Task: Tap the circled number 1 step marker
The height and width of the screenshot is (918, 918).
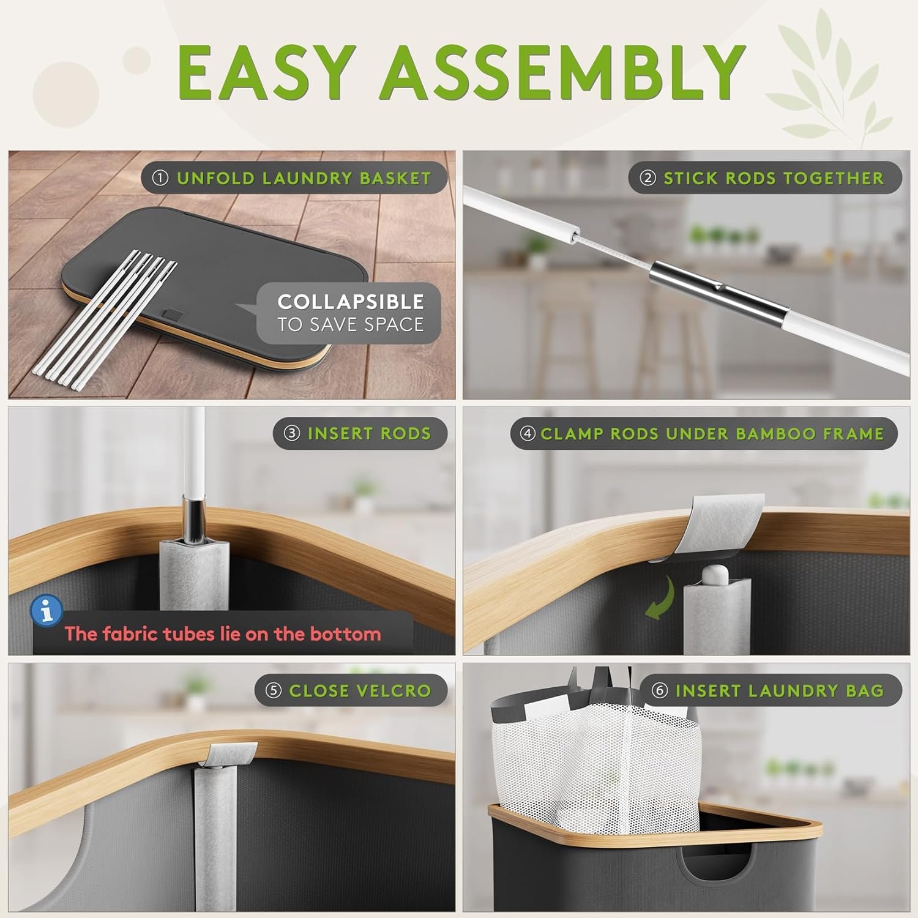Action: click(x=160, y=178)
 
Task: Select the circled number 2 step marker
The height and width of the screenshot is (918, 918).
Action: click(x=647, y=178)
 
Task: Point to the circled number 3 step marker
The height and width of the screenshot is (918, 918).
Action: click(x=292, y=433)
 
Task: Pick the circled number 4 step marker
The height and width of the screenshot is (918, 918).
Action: click(x=528, y=433)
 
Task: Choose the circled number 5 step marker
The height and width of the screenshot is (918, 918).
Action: click(x=273, y=690)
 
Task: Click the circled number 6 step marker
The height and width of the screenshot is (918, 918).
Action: click(x=659, y=690)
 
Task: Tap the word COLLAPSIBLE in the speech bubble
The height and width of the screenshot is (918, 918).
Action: click(x=351, y=302)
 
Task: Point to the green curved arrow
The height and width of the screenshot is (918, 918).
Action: click(x=662, y=600)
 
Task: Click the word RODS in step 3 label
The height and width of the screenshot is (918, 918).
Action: click(x=405, y=433)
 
